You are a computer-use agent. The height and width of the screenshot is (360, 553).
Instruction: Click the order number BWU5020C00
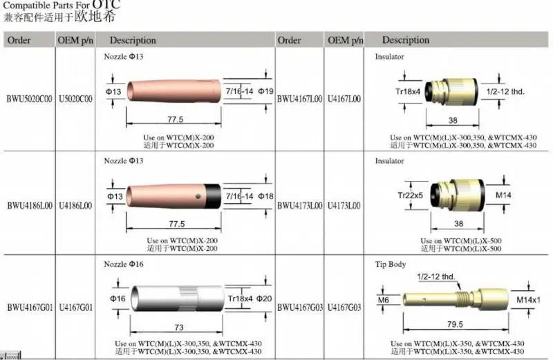click(29, 100)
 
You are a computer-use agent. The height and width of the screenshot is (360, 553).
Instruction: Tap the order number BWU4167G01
click(29, 306)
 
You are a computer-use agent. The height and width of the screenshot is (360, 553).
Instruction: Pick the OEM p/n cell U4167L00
click(344, 100)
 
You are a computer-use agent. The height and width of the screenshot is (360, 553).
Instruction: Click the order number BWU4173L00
click(299, 205)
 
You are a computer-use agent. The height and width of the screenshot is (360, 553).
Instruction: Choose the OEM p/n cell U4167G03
click(344, 306)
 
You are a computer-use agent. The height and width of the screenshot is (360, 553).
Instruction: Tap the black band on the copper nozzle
click(212, 196)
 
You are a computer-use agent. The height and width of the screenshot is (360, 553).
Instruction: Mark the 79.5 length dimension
click(455, 324)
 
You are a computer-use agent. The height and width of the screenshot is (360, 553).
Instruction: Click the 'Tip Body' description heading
click(390, 264)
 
